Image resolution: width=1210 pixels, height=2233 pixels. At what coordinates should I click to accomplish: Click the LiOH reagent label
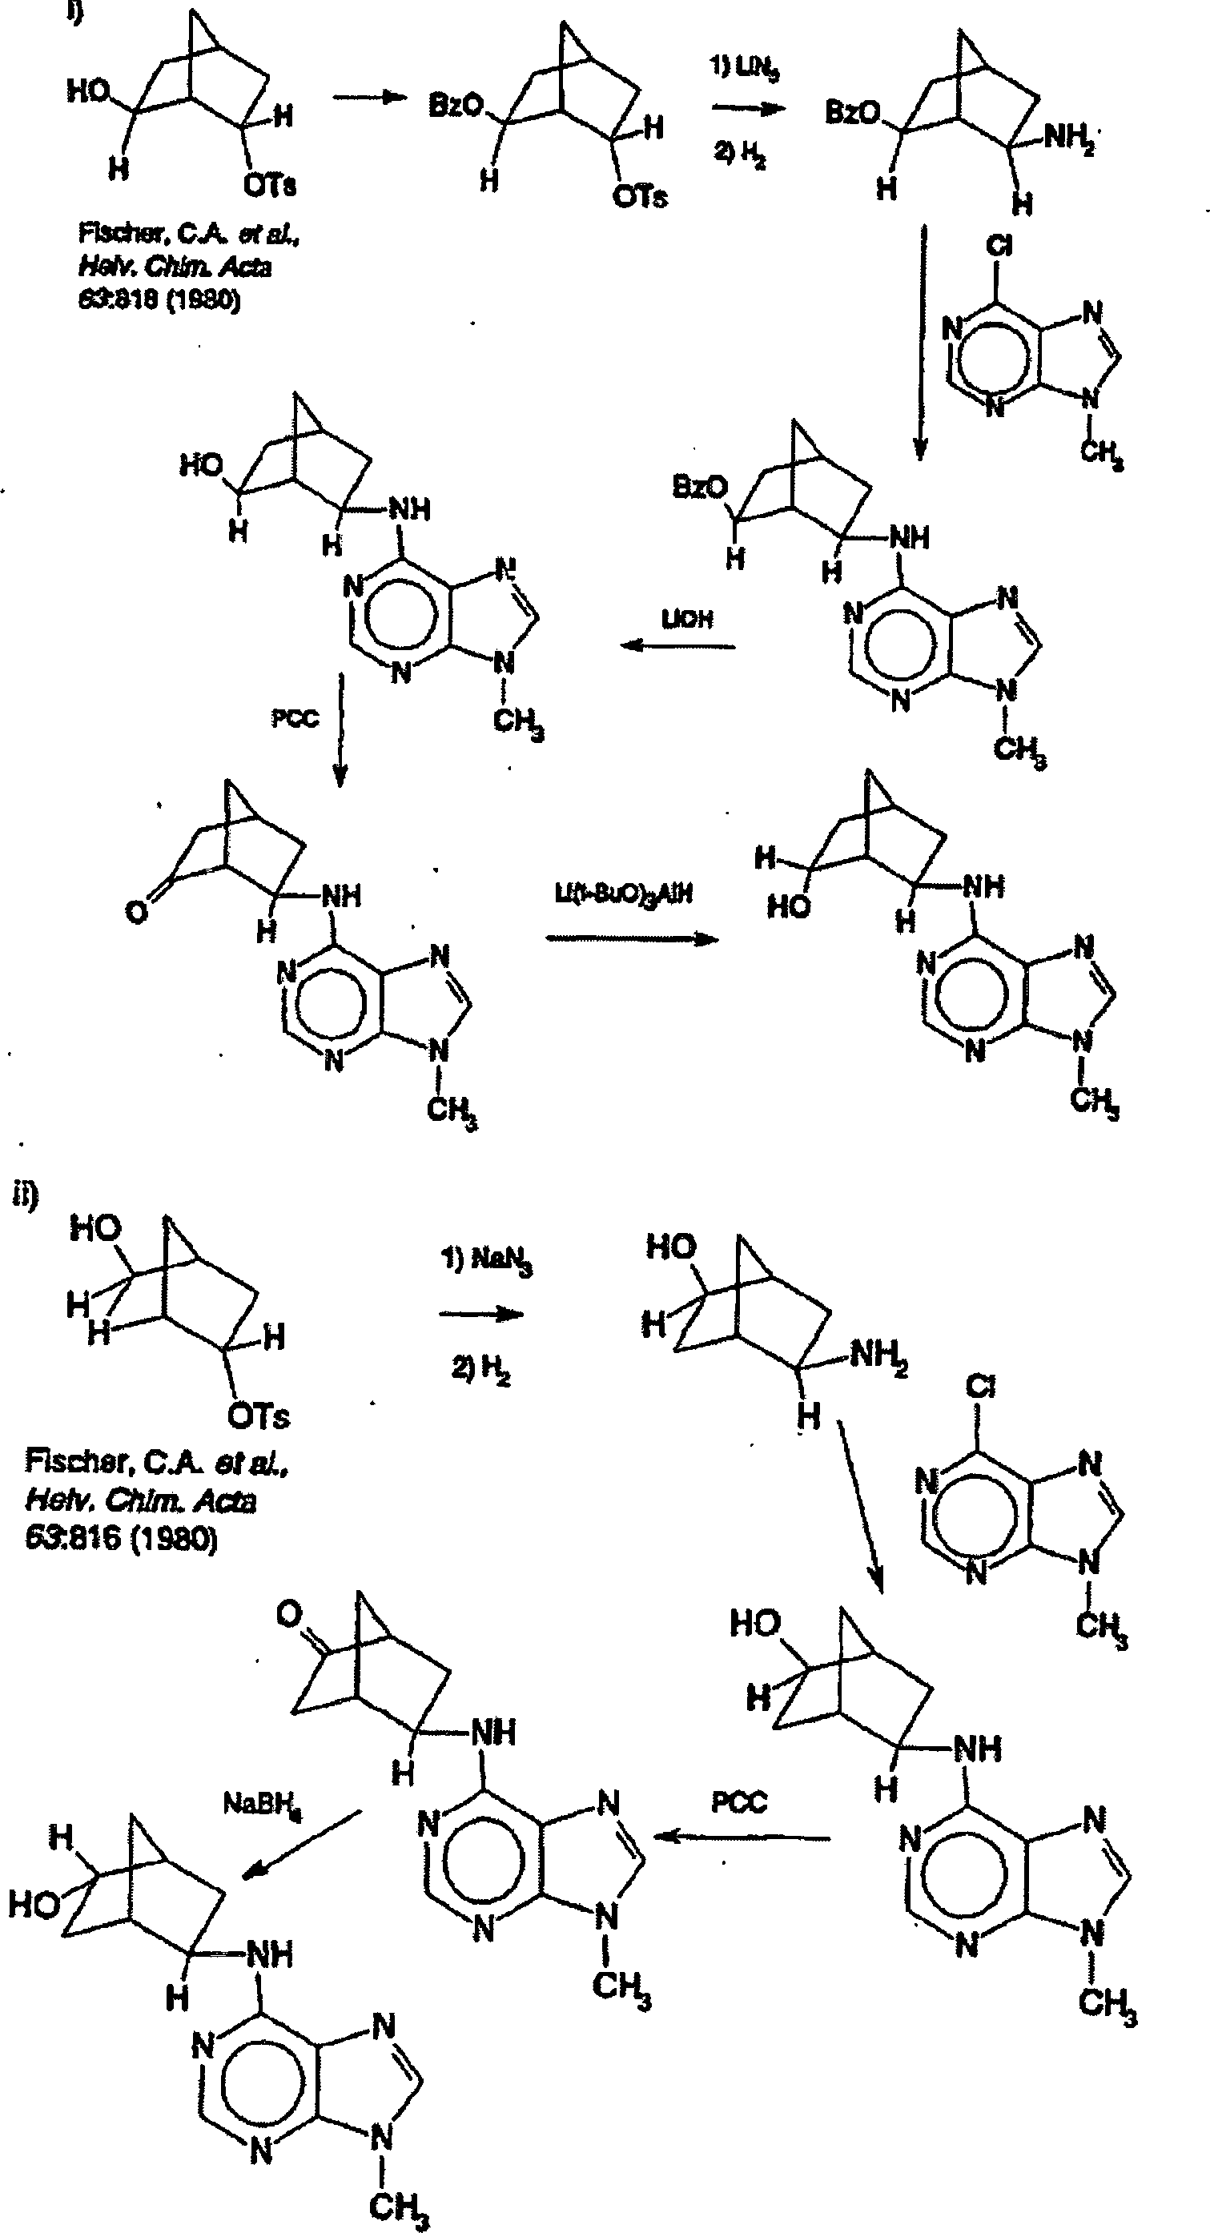687,619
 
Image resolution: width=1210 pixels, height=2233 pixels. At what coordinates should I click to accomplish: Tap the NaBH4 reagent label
263,1805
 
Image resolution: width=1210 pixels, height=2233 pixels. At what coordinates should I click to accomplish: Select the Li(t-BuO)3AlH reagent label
624,894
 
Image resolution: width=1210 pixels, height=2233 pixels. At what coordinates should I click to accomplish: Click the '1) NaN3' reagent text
486,1260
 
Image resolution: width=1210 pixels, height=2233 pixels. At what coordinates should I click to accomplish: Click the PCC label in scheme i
295,719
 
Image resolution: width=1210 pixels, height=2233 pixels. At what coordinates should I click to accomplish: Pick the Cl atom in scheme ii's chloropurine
980,1388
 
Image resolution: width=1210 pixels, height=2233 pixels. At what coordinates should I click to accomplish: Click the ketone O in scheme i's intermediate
136,912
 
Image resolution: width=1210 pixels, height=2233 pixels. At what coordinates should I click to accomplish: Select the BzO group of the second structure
456,106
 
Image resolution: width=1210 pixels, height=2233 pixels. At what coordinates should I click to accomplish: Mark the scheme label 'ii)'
24,1196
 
